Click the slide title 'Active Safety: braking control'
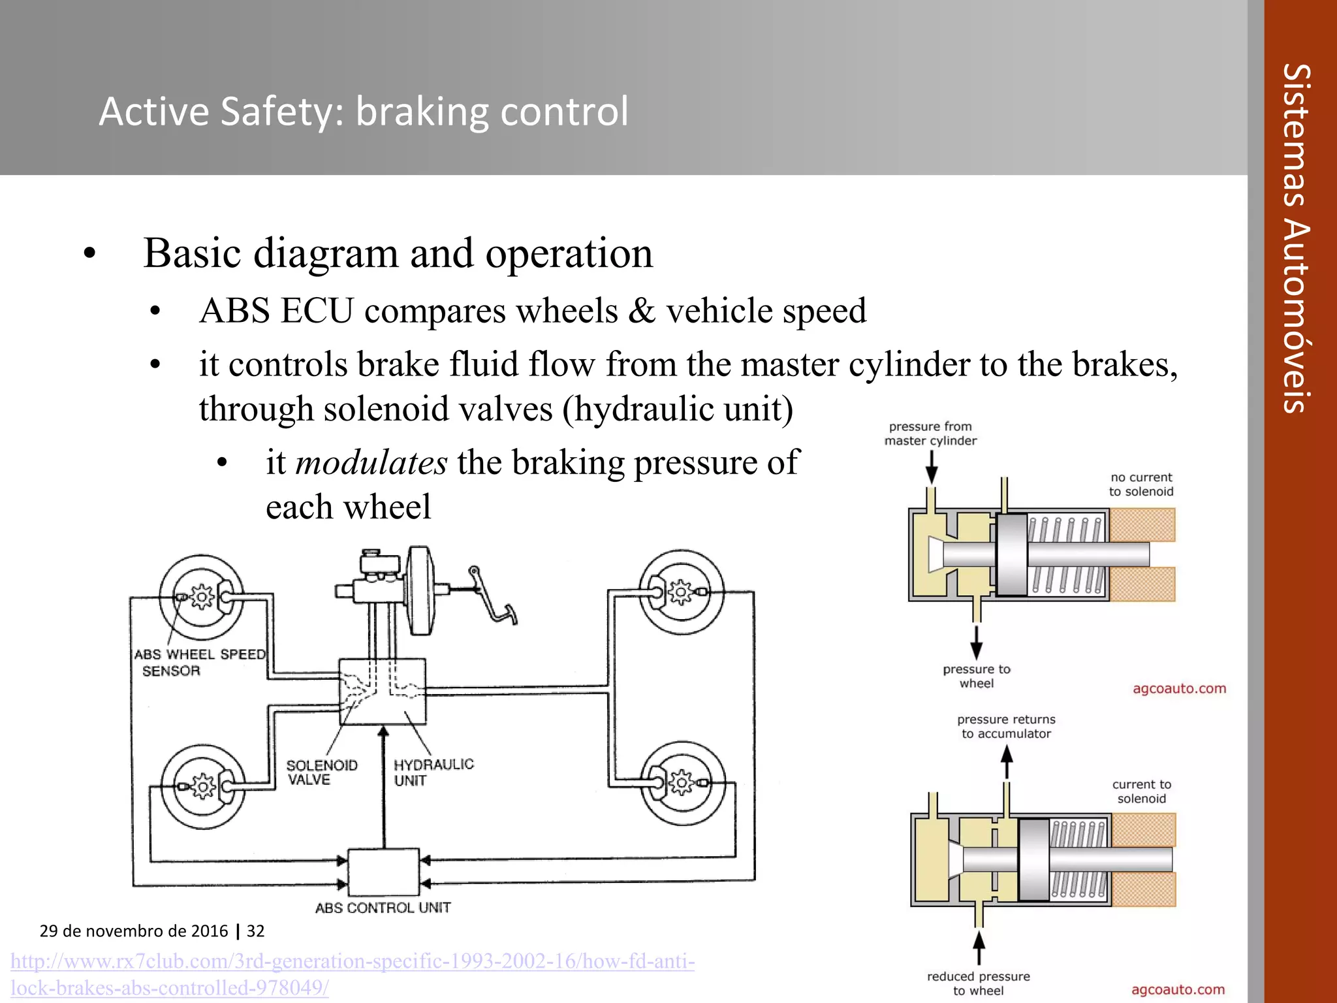(x=363, y=111)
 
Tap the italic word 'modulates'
(x=371, y=462)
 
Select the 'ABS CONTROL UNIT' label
(x=383, y=908)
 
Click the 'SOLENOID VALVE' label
(x=321, y=772)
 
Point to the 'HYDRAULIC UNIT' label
(x=433, y=772)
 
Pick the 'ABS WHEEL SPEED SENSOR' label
(x=199, y=661)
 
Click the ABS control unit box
(x=383, y=872)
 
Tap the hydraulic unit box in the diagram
(x=383, y=692)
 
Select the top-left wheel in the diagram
(x=202, y=597)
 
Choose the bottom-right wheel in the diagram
(x=682, y=782)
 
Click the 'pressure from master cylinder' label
(x=930, y=434)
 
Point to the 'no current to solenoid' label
(x=1141, y=485)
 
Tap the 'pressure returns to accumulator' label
(x=1006, y=726)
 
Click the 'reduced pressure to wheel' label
(x=978, y=983)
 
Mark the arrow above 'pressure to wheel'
(x=977, y=643)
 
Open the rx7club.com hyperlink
(x=353, y=973)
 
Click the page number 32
(x=255, y=931)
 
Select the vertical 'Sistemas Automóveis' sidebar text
(x=1296, y=238)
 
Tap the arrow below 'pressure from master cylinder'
(x=932, y=467)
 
